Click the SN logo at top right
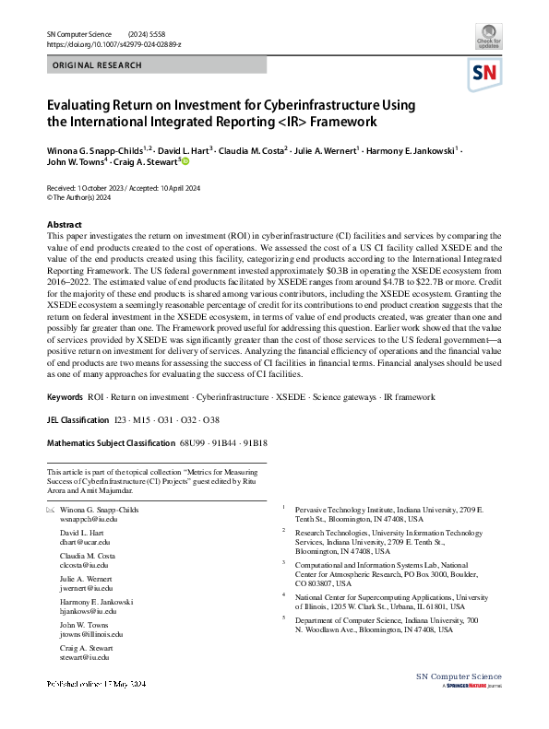point(485,73)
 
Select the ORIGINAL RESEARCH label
point(98,65)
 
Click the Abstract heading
point(64,225)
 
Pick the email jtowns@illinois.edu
point(91,634)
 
